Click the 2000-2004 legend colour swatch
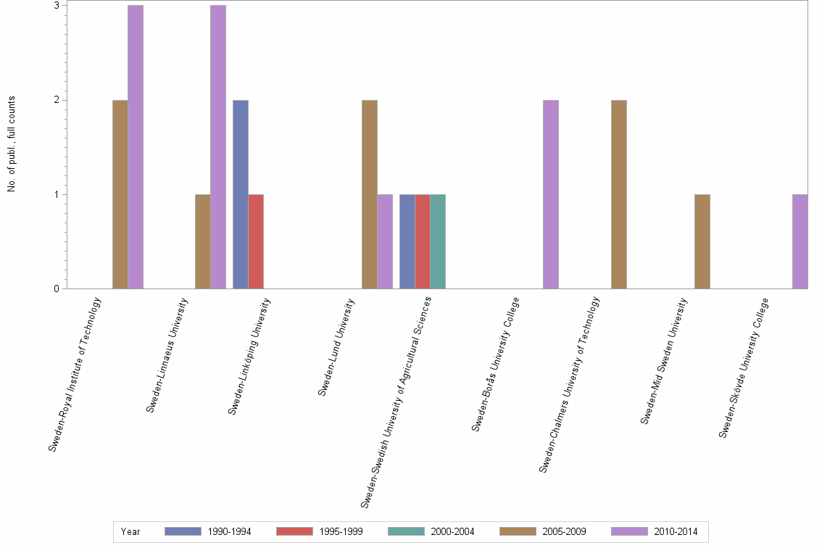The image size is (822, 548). pyautogui.click(x=407, y=531)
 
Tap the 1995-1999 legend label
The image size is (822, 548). pyautogui.click(x=341, y=532)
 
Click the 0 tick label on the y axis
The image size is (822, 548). pyautogui.click(x=56, y=289)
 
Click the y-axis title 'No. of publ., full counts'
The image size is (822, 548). pyautogui.click(x=12, y=145)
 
